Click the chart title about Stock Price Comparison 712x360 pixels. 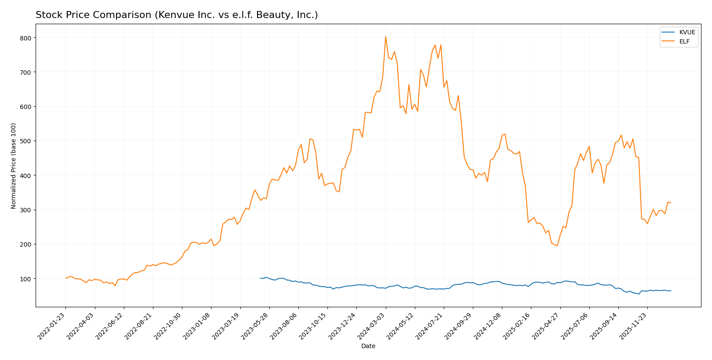(177, 15)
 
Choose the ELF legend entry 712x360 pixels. (684, 42)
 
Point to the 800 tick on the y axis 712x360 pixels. (26, 38)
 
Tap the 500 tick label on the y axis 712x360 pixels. (26, 141)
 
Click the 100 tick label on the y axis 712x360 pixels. (26, 279)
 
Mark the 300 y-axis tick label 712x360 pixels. (26, 210)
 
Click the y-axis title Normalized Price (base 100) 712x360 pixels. (14, 166)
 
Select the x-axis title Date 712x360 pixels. (368, 346)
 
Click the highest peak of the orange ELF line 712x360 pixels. (385, 36)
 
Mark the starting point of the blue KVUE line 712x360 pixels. (260, 278)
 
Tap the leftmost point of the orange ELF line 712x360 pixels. (65, 278)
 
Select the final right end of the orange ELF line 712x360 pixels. (671, 203)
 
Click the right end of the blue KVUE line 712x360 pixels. (671, 291)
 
